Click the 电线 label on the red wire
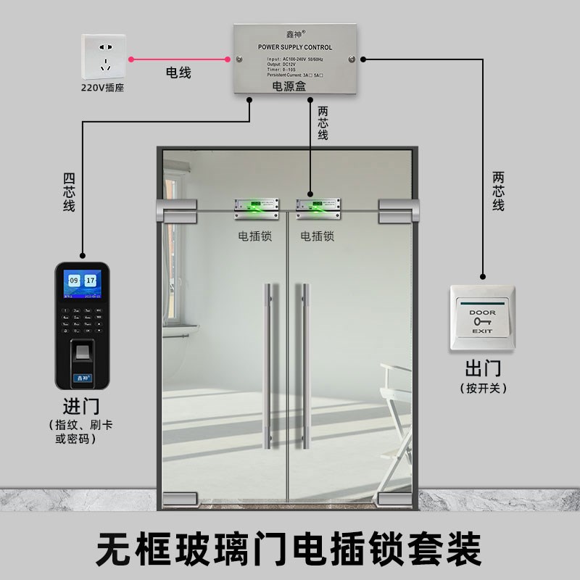(178, 72)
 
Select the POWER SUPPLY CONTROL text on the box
(294, 47)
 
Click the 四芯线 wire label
(69, 192)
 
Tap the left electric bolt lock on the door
(256, 209)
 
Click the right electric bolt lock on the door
(320, 209)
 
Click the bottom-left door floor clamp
(179, 499)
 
